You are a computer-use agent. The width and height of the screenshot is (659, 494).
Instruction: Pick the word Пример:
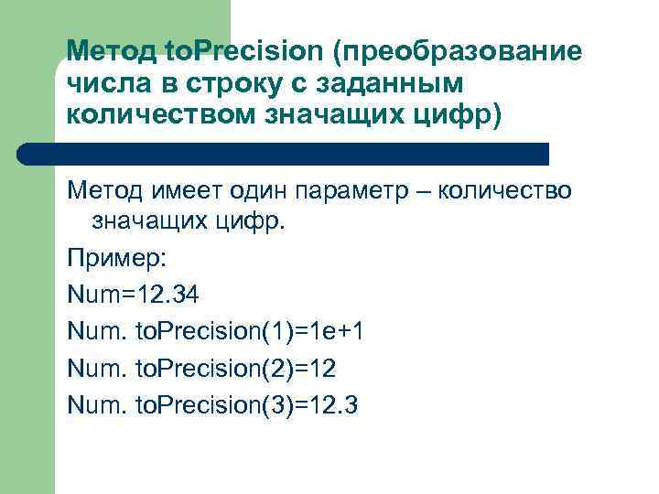point(115,260)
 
